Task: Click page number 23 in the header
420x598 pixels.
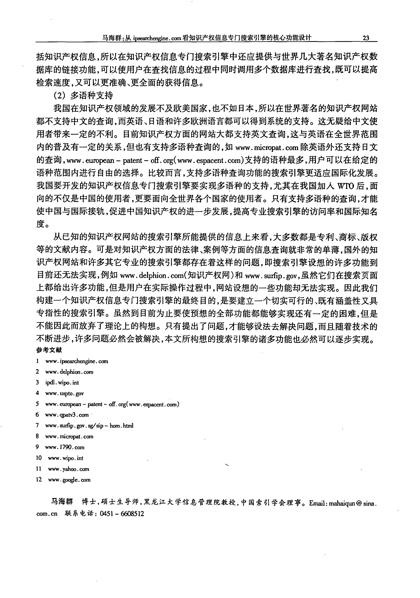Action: click(x=366, y=38)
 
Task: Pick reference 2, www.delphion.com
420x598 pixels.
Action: click(x=69, y=372)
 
